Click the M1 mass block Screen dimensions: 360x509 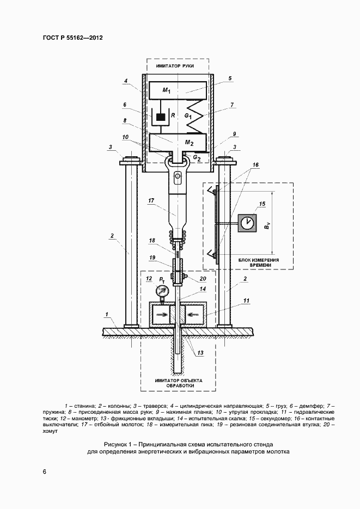178,90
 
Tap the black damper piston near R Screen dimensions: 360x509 161,116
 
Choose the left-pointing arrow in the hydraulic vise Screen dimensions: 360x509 192,314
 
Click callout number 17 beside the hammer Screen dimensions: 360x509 151,201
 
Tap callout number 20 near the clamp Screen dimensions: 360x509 203,279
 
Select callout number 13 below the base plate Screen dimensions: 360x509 200,353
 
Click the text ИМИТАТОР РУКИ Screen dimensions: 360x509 175,66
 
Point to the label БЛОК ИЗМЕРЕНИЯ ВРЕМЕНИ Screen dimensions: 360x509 259,262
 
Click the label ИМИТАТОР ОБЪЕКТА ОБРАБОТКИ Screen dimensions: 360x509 178,383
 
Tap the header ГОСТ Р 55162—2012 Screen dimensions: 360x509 73,38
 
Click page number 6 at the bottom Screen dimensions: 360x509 45,471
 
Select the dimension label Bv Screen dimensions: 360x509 267,225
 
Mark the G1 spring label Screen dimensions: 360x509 188,115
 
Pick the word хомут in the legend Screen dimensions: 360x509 50,431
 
